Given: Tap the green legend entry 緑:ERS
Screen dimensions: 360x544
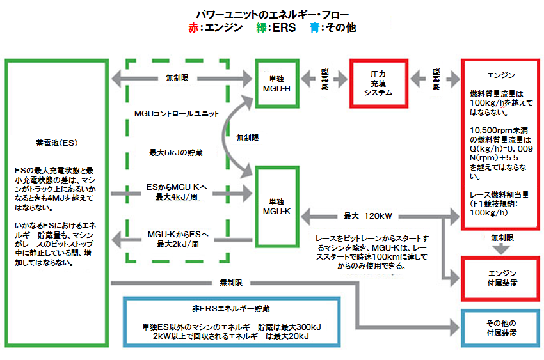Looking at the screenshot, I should pyautogui.click(x=276, y=28).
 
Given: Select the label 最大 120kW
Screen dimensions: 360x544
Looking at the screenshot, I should pyautogui.click(x=367, y=215).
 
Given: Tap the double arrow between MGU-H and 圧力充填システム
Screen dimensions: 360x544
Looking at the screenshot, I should pyautogui.click(x=324, y=78).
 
